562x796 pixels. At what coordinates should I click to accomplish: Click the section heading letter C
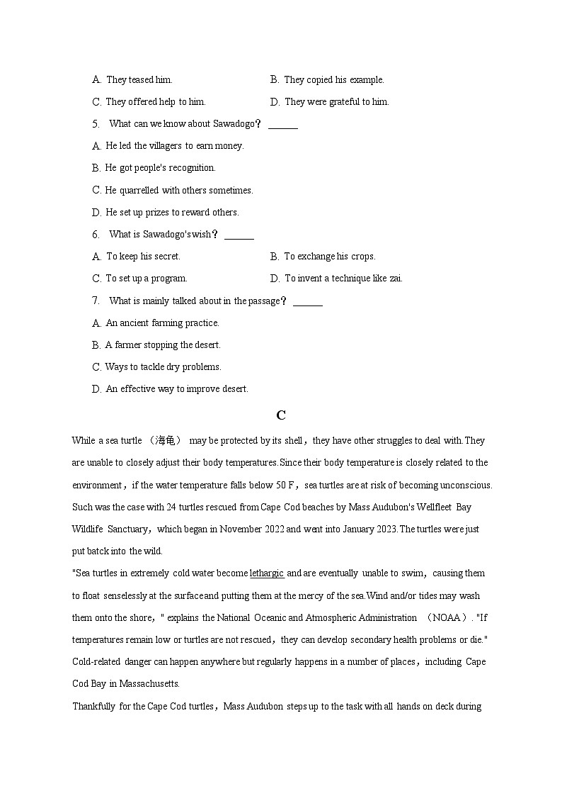pos(281,415)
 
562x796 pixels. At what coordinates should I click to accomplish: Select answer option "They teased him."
pos(139,80)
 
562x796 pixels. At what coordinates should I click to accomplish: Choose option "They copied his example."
pos(333,80)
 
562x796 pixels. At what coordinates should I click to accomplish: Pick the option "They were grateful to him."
pos(336,102)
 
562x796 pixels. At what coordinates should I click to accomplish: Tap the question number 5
pos(96,124)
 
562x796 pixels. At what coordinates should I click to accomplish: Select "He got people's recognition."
pos(160,168)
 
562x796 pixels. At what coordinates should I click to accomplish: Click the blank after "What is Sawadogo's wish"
pos(239,235)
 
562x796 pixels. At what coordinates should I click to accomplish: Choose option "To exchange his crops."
pos(329,257)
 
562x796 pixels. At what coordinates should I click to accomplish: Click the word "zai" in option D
pos(396,279)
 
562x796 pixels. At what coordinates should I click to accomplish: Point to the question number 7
pos(96,301)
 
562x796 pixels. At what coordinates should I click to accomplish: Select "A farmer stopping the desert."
pos(163,345)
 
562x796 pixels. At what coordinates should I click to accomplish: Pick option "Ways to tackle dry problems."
pos(163,367)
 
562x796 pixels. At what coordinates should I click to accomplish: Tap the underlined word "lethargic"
pos(267,573)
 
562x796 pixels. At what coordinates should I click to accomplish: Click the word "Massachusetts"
pos(149,684)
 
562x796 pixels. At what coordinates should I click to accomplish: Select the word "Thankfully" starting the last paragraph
pos(93,707)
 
